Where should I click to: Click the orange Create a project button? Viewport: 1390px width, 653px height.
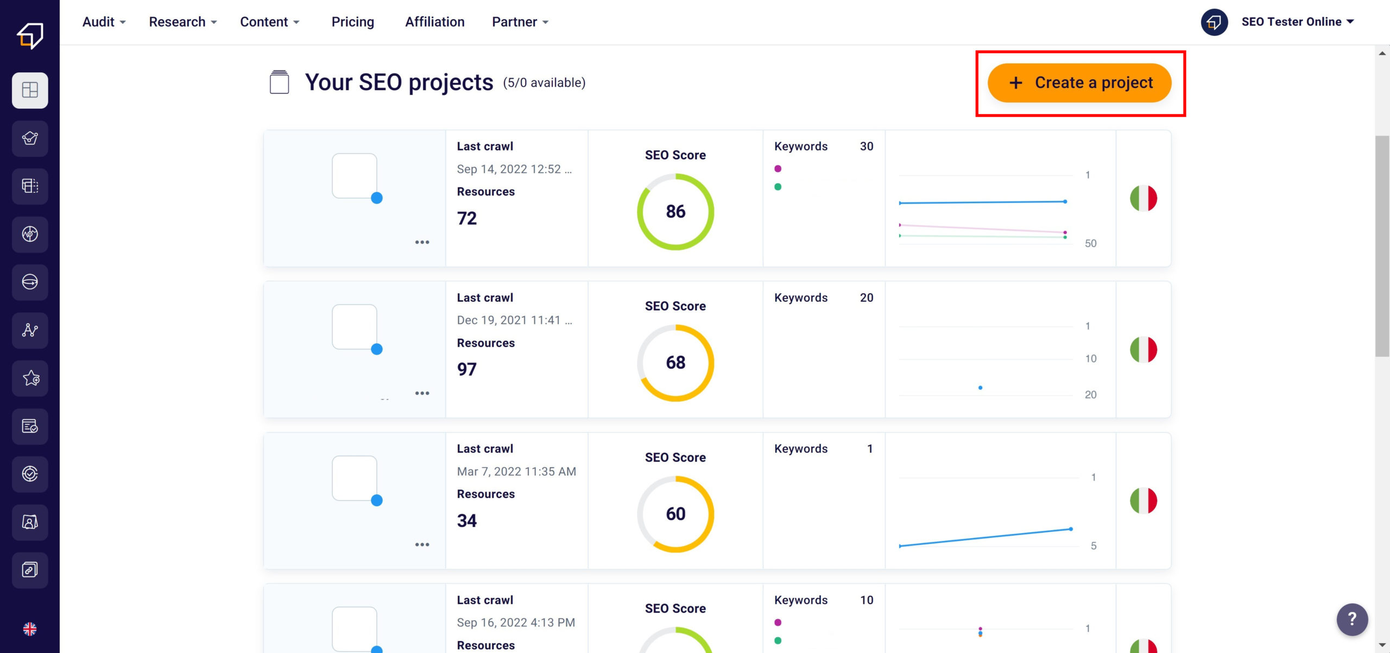pyautogui.click(x=1079, y=83)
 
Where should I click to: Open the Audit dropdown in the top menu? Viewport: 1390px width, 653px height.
pyautogui.click(x=103, y=22)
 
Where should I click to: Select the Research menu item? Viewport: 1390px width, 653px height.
pyautogui.click(x=182, y=22)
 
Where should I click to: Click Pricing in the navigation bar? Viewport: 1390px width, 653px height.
pyautogui.click(x=352, y=22)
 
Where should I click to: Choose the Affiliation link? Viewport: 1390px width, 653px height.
pyautogui.click(x=434, y=22)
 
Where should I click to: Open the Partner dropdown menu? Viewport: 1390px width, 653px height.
pyautogui.click(x=520, y=22)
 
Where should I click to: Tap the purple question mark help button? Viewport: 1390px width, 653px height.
pyautogui.click(x=1351, y=619)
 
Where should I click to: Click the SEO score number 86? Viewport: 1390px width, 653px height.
pyautogui.click(x=675, y=211)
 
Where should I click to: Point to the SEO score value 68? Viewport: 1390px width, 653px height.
pyautogui.click(x=675, y=362)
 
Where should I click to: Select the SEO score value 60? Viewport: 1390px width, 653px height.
pyautogui.click(x=675, y=513)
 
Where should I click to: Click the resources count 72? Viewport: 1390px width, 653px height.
pyautogui.click(x=466, y=218)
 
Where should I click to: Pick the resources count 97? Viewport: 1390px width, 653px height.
pyautogui.click(x=466, y=369)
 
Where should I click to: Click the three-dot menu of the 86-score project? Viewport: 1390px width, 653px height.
pyautogui.click(x=422, y=242)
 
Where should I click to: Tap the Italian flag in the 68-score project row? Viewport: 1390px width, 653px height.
pyautogui.click(x=1143, y=349)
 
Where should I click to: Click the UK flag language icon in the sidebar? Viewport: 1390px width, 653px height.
pyautogui.click(x=30, y=629)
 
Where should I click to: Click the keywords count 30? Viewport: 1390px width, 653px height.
pyautogui.click(x=866, y=146)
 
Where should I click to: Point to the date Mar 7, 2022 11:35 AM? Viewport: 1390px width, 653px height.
pyautogui.click(x=516, y=472)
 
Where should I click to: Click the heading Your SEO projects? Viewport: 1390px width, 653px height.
pyautogui.click(x=399, y=83)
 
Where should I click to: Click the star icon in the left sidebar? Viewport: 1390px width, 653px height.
pyautogui.click(x=30, y=378)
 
